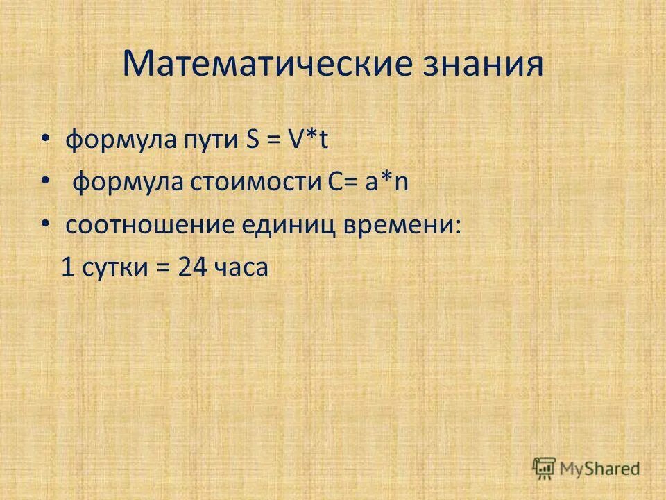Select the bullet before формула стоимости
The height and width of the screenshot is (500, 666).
[45, 183]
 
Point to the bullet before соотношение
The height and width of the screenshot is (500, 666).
[45, 224]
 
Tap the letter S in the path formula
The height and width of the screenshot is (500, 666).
[252, 142]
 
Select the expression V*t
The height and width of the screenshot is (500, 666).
[309, 142]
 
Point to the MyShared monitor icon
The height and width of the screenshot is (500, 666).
[545, 468]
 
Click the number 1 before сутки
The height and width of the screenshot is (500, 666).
[67, 267]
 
